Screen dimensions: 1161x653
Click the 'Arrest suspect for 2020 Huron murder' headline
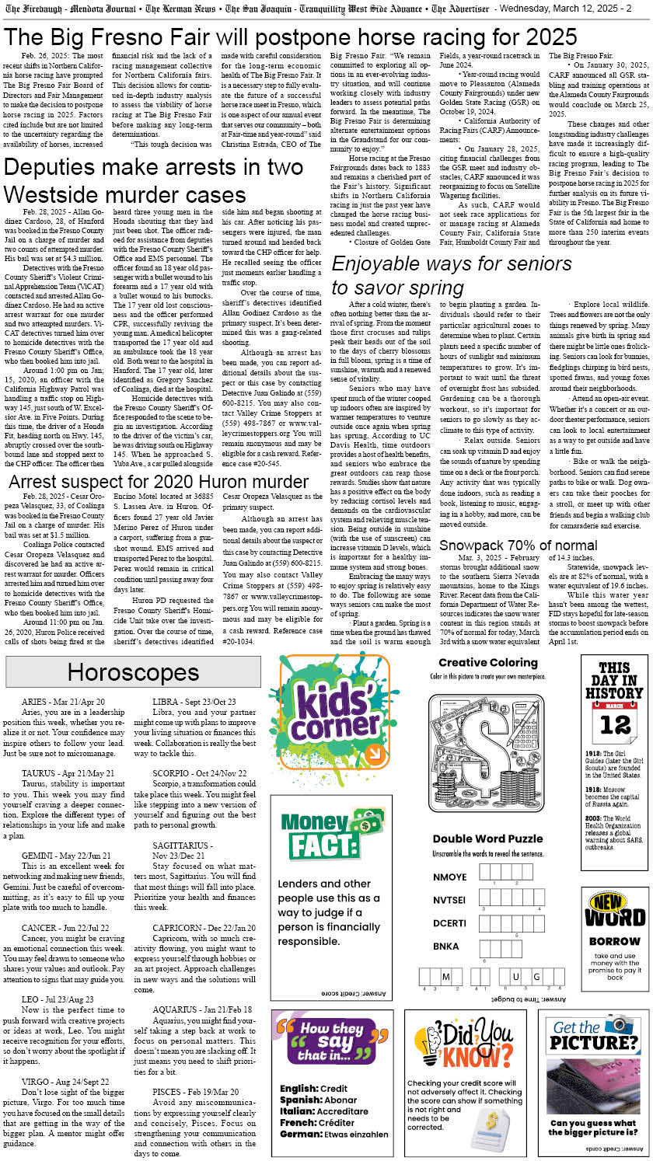(159, 482)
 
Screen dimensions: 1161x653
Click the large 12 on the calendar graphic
(614, 725)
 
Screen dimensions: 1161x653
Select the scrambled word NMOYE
(449, 877)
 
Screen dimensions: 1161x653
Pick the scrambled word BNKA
(445, 946)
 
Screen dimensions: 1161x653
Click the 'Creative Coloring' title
(488, 685)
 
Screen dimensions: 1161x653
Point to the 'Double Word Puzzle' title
(487, 838)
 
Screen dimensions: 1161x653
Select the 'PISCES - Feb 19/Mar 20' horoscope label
(195, 1092)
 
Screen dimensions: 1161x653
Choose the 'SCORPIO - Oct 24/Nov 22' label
(200, 773)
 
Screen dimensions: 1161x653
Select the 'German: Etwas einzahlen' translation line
(333, 1134)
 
